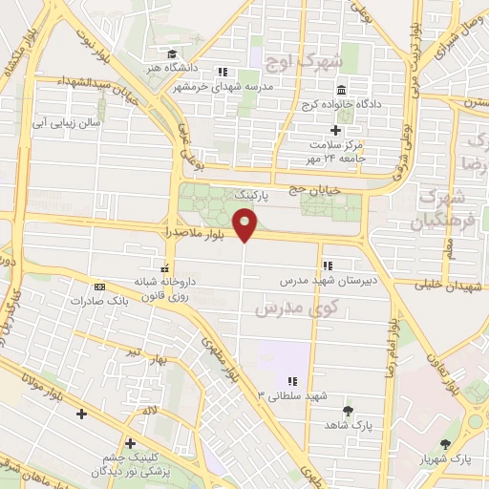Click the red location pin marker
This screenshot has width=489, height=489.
245,225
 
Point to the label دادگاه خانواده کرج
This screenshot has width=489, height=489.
341,104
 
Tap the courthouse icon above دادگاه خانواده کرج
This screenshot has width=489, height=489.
341,90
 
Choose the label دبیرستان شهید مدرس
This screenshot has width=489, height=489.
323,282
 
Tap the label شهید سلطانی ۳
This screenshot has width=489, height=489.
283,393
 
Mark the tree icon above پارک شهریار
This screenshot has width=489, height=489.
446,444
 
